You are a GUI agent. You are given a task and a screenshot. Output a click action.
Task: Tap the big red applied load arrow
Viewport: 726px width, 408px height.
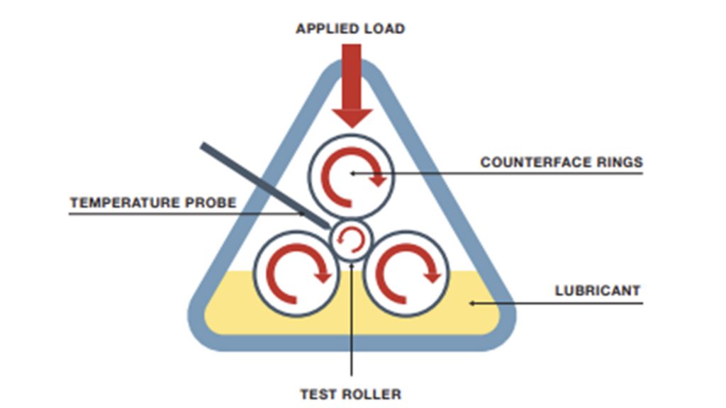[x=352, y=85]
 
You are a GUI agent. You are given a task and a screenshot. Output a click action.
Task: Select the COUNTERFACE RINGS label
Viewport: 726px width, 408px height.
[x=562, y=162]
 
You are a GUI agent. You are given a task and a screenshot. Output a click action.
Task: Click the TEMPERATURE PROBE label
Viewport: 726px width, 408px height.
[x=153, y=203]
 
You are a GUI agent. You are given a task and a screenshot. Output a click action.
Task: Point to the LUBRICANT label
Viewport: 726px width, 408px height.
[x=597, y=290]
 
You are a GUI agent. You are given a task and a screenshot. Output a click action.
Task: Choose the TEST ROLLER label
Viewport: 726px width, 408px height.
[x=350, y=393]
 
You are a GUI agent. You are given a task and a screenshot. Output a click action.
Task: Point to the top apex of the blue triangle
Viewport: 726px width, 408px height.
[x=352, y=62]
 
